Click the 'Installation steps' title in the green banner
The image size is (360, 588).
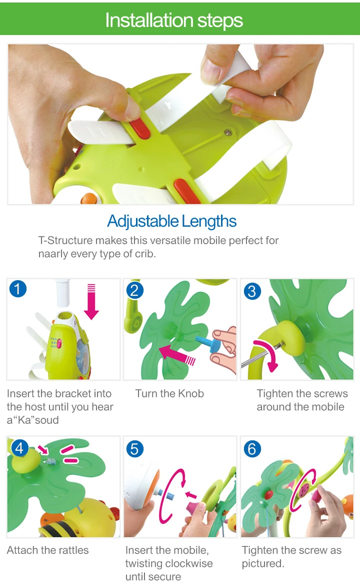click(x=174, y=20)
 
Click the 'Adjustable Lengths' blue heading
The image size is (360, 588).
click(x=172, y=221)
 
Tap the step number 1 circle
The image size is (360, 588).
click(x=17, y=289)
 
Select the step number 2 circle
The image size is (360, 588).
click(x=135, y=290)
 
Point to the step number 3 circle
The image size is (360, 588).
click(x=252, y=291)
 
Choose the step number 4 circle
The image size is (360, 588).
click(x=19, y=448)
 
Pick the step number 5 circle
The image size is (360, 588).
click(x=135, y=449)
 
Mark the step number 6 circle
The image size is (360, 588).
click(x=252, y=449)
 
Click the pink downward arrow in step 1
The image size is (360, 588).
click(x=91, y=302)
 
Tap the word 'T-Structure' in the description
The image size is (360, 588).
click(x=65, y=240)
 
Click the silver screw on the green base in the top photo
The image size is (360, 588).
click(x=227, y=133)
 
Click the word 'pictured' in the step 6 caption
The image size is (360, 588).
click(x=262, y=563)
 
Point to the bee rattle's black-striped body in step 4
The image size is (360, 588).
click(x=60, y=528)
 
